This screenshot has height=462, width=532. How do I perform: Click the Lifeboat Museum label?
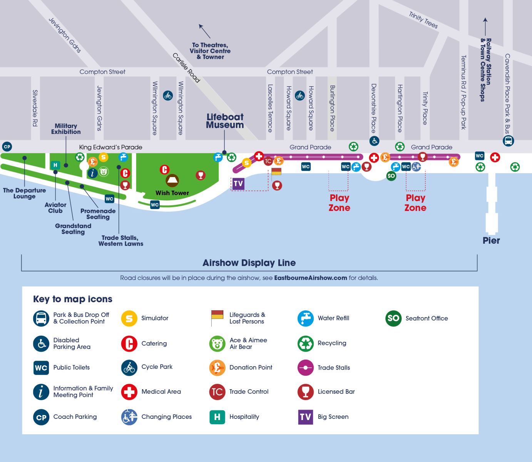coord(225,121)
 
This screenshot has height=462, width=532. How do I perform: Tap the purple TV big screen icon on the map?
coord(238,184)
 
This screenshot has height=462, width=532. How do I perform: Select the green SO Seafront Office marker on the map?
coord(391,176)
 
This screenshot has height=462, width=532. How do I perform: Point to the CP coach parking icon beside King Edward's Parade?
coord(7,147)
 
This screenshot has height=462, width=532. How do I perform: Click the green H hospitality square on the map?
coord(55,165)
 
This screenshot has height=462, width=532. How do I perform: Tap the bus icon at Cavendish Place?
coord(508,141)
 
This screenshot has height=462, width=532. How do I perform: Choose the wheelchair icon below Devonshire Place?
coord(374,141)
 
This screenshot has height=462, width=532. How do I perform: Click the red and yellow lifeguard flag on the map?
coord(276,172)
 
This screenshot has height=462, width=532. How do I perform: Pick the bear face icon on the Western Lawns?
coord(104,172)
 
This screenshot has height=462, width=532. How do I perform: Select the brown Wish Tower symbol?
coord(172,180)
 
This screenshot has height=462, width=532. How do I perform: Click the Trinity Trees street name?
coord(423,20)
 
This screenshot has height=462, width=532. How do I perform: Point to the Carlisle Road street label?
coord(186,68)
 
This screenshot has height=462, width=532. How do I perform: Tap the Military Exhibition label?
coord(66,129)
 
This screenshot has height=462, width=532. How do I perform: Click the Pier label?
coord(491,241)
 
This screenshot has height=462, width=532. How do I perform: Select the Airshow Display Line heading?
coord(249,263)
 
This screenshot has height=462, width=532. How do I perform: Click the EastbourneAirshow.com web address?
coord(310,278)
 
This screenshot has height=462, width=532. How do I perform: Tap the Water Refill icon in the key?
coord(306,318)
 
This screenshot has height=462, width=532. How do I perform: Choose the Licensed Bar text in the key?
coord(336,392)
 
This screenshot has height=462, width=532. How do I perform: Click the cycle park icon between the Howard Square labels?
coord(300,95)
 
